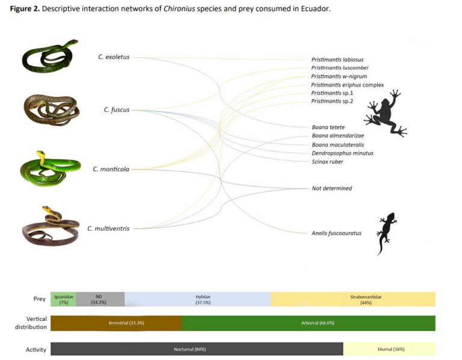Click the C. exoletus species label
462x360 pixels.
(114, 57)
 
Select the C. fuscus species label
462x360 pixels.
(116, 110)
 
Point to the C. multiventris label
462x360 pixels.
(108, 228)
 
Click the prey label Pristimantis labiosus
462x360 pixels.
(337, 59)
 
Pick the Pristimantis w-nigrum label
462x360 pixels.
(339, 76)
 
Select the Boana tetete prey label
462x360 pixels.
(328, 127)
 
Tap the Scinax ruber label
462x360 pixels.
(327, 162)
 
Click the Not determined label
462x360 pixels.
(331, 188)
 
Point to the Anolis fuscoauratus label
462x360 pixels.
(336, 233)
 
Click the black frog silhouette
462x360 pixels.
(385, 114)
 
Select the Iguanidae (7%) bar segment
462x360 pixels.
(63, 299)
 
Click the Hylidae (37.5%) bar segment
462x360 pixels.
(197, 299)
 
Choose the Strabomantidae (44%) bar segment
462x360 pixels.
(353, 299)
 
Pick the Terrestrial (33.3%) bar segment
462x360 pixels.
(116, 323)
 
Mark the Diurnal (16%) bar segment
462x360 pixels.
(389, 349)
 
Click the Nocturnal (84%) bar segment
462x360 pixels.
(197, 349)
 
